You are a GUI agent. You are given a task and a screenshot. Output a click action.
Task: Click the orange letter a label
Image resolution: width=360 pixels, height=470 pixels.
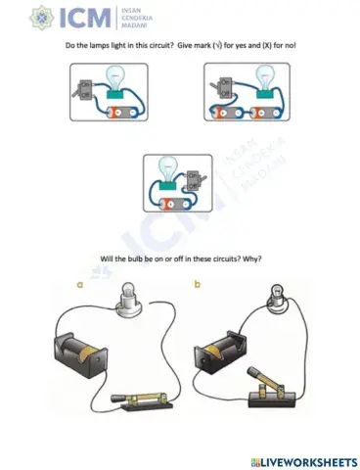pyautogui.click(x=80, y=286)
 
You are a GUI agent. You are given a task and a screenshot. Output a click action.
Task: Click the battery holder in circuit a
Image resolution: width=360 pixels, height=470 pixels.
pyautogui.click(x=79, y=351)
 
